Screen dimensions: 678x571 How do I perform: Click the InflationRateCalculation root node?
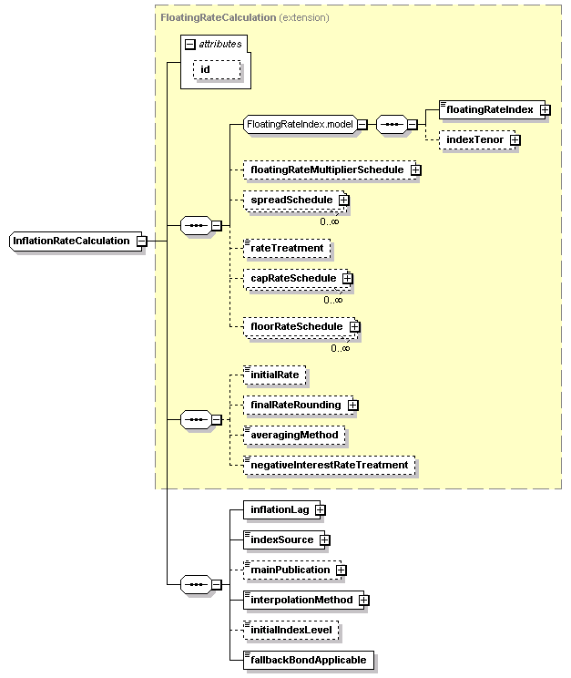[71, 241]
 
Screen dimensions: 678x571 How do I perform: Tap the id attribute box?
[214, 69]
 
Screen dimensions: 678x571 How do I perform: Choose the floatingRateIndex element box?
[489, 109]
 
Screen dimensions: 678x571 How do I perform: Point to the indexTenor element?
[473, 139]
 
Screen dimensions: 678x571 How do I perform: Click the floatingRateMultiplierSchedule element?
[326, 169]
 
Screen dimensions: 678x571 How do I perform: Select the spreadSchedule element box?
[291, 200]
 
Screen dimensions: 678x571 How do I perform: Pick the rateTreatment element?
[287, 247]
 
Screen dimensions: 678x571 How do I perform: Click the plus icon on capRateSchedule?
[347, 278]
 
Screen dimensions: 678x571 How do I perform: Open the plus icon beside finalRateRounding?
[352, 405]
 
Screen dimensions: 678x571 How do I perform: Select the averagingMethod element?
[294, 435]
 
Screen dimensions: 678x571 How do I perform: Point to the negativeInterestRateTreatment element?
[329, 465]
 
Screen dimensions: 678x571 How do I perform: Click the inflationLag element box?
[280, 510]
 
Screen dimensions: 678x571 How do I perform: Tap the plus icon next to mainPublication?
[341, 570]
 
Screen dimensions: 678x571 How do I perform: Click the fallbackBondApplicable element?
[309, 660]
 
